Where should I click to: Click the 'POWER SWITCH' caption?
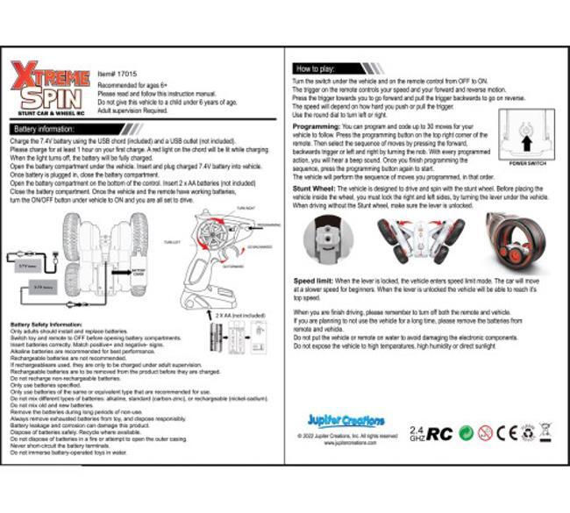[527, 164]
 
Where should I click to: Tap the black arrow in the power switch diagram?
[526, 139]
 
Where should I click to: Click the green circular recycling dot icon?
[467, 432]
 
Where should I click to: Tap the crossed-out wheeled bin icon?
[545, 431]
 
